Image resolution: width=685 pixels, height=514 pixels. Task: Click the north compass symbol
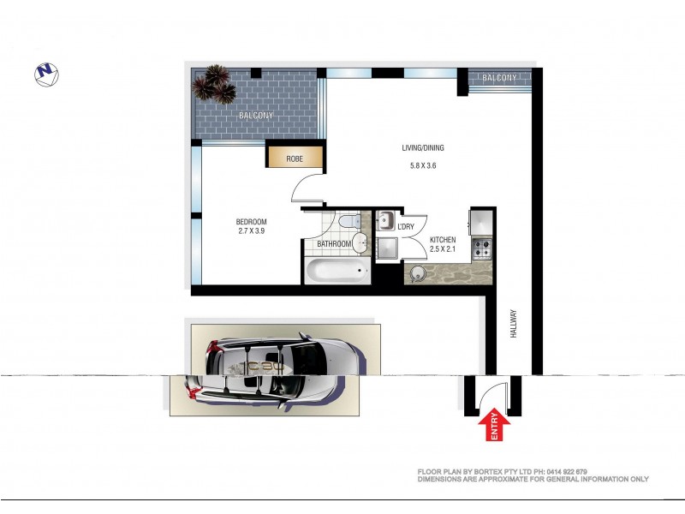46,75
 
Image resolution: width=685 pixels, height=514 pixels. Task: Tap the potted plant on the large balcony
214,85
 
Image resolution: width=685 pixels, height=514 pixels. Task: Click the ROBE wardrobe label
295,158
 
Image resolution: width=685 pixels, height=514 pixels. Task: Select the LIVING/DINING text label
423,148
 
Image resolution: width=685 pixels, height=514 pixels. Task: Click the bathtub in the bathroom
337,273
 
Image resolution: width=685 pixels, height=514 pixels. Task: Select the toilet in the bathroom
348,223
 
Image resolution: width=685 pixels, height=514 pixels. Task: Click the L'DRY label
406,226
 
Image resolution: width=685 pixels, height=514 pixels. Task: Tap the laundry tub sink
384,219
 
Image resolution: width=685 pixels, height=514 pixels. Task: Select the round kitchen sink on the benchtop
418,274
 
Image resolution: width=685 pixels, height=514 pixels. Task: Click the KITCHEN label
443,240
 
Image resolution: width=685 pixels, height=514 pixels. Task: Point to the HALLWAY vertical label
515,325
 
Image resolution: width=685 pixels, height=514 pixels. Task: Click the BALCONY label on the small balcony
499,78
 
